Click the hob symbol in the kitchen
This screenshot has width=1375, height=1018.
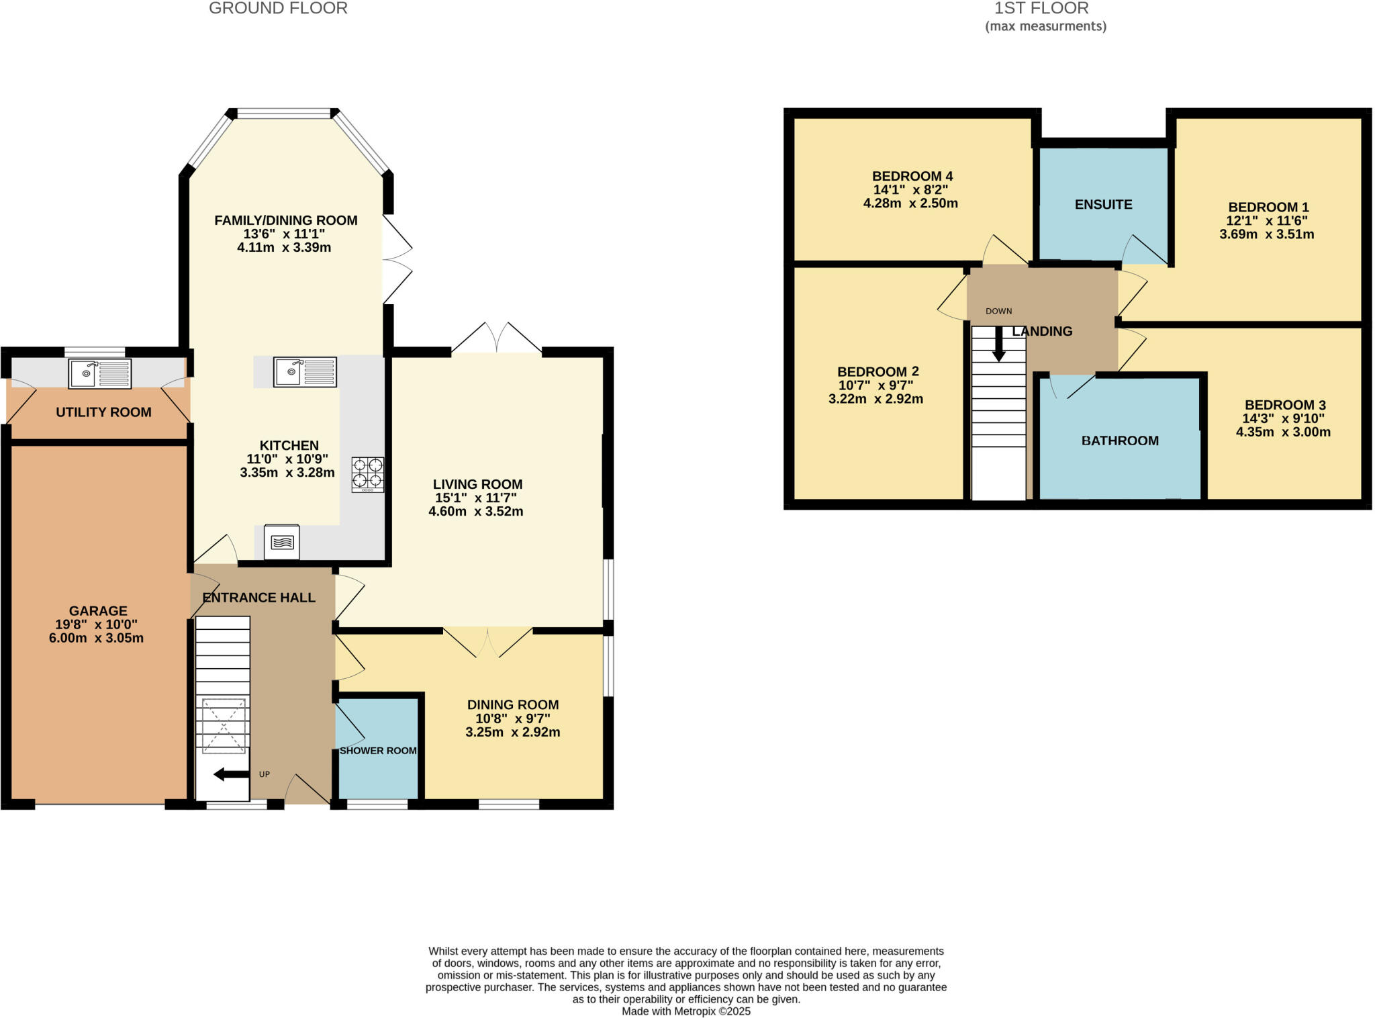368,474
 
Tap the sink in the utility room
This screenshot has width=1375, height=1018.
99,373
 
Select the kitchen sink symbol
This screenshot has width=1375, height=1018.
305,371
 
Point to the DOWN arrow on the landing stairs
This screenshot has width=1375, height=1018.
999,343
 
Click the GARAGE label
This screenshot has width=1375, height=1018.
98,610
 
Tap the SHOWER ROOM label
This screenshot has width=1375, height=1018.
378,751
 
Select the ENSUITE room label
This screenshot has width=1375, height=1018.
1103,204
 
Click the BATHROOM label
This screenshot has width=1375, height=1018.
1120,441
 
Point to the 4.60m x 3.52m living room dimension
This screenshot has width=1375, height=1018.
476,511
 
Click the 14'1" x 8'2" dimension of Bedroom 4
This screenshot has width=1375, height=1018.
910,189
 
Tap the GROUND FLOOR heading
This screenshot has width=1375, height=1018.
278,9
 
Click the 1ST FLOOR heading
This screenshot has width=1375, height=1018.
1041,9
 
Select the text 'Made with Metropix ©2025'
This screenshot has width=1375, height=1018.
686,1011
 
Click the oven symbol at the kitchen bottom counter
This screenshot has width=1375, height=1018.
282,541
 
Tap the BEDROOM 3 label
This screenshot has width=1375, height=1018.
1285,405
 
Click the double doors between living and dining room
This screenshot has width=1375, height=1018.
487,641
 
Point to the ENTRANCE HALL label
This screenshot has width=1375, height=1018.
258,598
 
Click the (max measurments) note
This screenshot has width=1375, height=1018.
1045,26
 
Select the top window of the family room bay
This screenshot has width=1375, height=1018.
284,113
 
